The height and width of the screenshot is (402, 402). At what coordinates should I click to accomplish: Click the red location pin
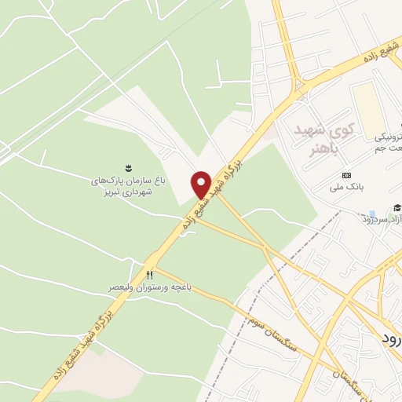(x=202, y=185)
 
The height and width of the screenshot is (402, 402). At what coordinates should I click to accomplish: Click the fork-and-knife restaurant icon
(x=149, y=274)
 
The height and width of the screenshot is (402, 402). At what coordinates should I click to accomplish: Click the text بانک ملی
(x=345, y=188)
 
